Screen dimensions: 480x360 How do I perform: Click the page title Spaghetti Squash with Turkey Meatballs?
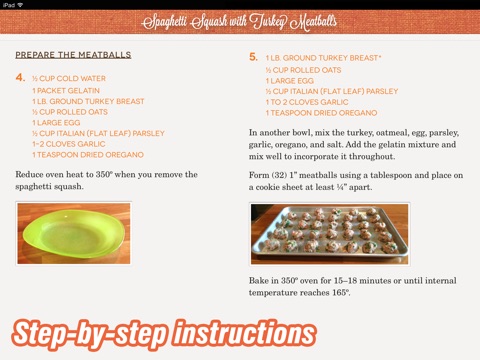239,22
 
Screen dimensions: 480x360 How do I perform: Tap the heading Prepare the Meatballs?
73,55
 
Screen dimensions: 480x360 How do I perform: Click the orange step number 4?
20,78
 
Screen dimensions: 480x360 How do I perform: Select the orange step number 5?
253,57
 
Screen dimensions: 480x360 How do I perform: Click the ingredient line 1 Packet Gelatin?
66,91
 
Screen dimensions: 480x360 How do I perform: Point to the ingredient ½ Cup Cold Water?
69,79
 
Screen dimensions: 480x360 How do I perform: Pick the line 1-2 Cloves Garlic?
69,144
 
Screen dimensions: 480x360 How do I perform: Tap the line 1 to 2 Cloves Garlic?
307,102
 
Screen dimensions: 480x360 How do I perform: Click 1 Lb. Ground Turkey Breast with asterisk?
323,58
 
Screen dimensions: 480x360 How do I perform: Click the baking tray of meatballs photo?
330,234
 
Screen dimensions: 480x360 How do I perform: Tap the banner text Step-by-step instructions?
164,334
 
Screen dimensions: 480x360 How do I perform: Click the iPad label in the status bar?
9,5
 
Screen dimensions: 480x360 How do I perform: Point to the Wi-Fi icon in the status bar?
20,5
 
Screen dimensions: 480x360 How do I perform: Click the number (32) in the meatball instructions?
279,175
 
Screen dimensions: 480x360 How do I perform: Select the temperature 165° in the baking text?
341,293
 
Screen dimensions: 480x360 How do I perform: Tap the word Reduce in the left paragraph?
29,175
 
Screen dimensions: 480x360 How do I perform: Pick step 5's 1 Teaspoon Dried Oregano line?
321,113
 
